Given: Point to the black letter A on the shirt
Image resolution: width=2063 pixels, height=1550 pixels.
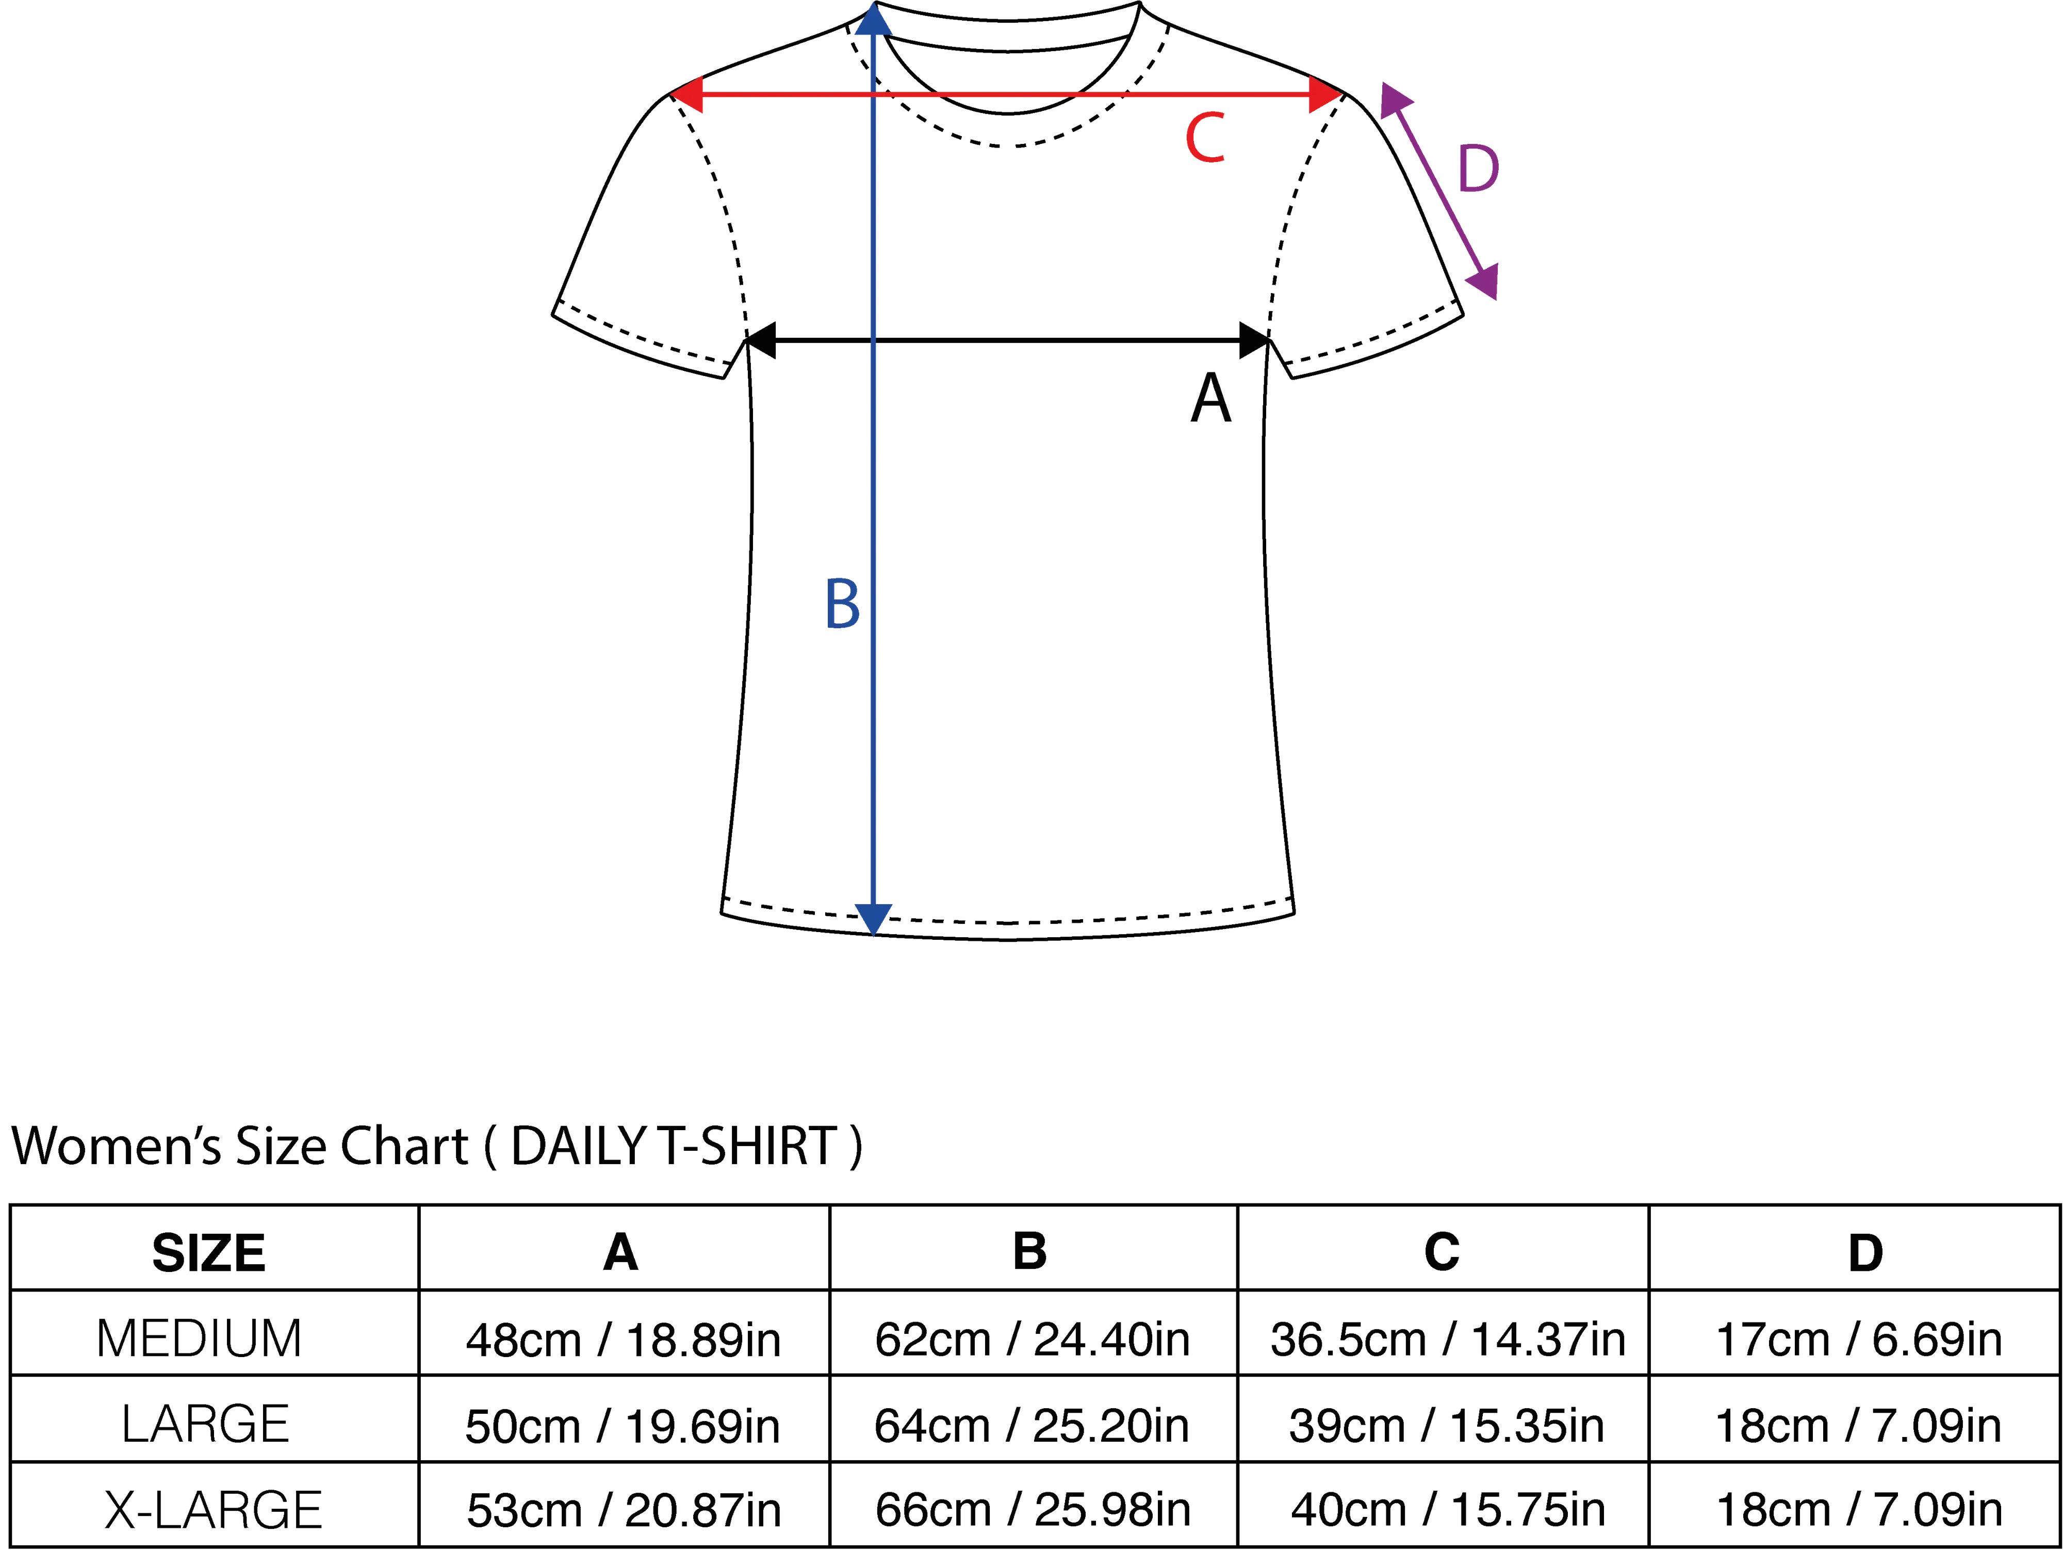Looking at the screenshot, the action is point(1211,398).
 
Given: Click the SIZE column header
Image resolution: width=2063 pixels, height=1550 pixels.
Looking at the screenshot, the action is point(209,1252).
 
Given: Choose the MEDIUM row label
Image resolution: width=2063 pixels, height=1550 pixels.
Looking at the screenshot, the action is point(200,1339).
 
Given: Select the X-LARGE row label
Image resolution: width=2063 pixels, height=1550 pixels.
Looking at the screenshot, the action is point(214,1510).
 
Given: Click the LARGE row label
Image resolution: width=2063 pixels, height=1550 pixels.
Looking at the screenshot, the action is point(205,1424).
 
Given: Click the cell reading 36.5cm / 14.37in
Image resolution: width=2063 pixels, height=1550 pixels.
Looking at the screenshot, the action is point(1448,1339).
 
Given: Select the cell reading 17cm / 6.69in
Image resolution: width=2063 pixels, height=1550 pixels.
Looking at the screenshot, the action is point(1859,1339).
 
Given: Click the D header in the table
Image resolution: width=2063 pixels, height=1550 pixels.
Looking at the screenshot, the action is point(1865,1252).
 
